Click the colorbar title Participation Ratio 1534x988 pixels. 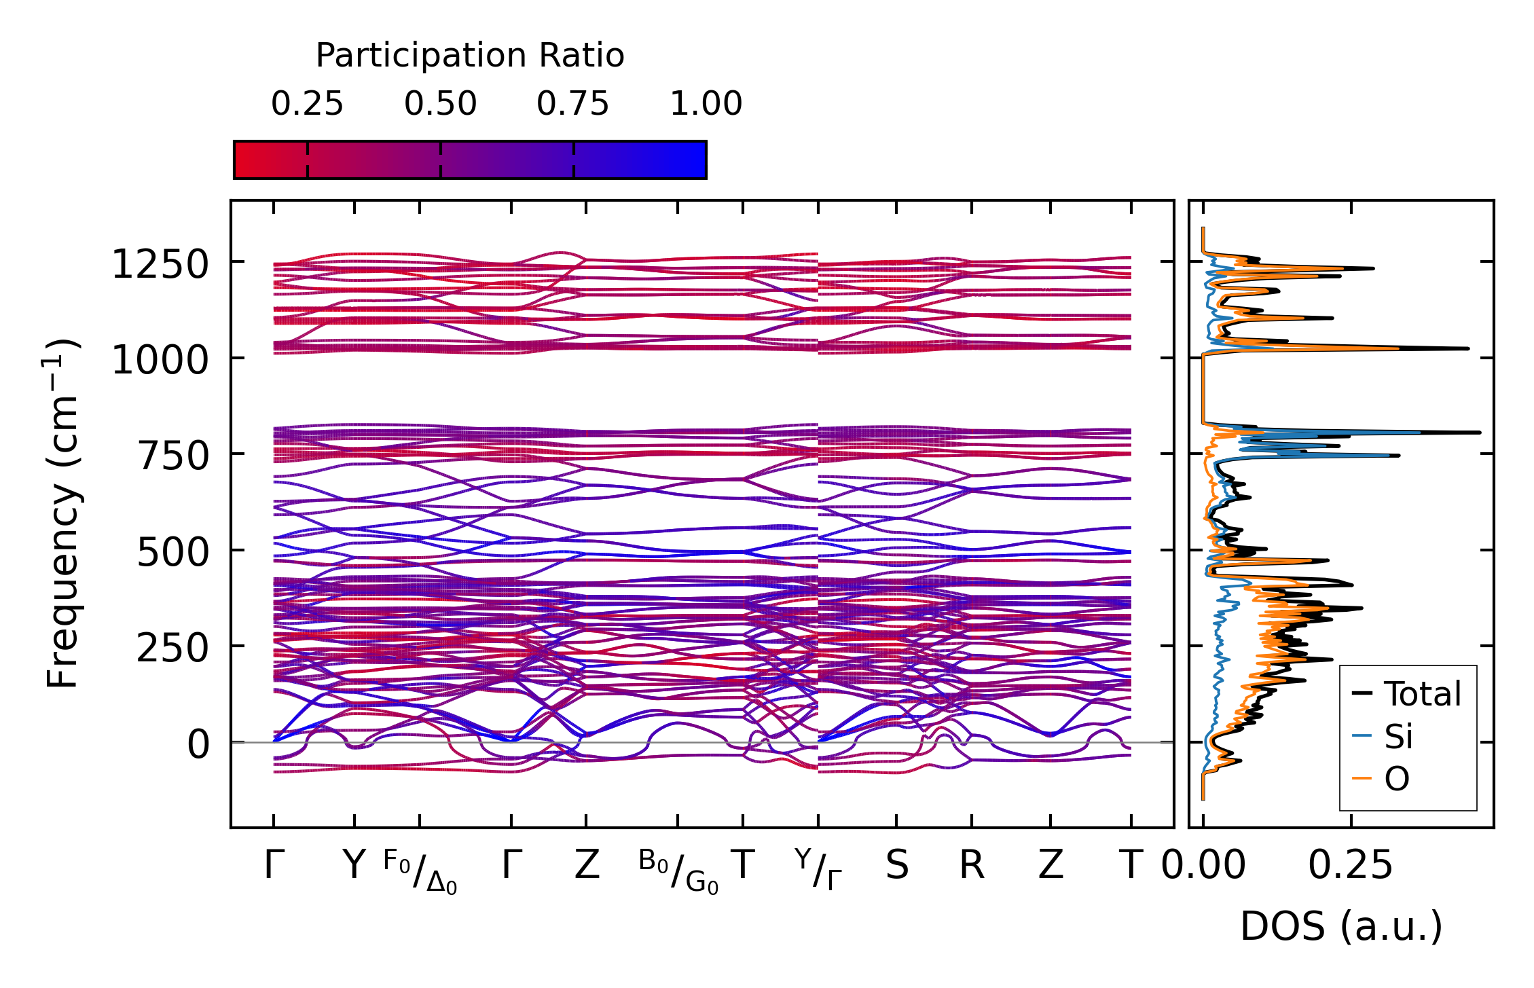(x=469, y=56)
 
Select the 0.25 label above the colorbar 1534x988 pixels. (x=307, y=105)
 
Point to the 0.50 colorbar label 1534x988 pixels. (x=440, y=105)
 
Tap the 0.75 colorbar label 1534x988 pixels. (x=572, y=105)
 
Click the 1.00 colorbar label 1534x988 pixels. (x=706, y=105)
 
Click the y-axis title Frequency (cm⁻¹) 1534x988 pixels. (x=62, y=513)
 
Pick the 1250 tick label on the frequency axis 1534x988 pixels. (x=160, y=264)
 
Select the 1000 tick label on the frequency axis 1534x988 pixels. (x=160, y=360)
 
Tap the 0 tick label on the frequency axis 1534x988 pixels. (x=199, y=744)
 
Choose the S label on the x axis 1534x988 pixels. (x=896, y=866)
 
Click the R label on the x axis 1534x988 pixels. (x=971, y=866)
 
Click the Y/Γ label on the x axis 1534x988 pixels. (x=818, y=869)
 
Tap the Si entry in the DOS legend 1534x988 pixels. (x=1399, y=736)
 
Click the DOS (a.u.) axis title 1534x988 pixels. (x=1341, y=926)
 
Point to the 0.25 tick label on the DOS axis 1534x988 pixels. (x=1350, y=866)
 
